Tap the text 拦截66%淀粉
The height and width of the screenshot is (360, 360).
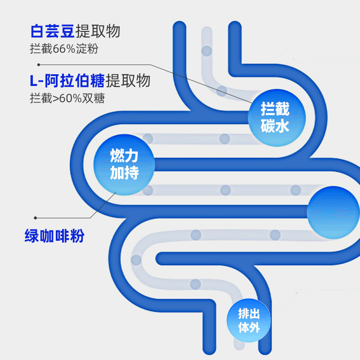coord(64,49)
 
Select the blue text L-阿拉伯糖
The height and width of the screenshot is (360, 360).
coord(67,81)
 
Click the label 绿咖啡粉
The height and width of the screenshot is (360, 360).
coord(54,236)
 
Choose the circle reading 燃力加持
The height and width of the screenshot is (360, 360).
coord(124,165)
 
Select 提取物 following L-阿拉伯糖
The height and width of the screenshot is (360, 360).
coord(128,81)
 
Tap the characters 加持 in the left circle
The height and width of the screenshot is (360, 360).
coord(124,173)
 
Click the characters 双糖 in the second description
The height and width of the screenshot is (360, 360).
coord(95,98)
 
